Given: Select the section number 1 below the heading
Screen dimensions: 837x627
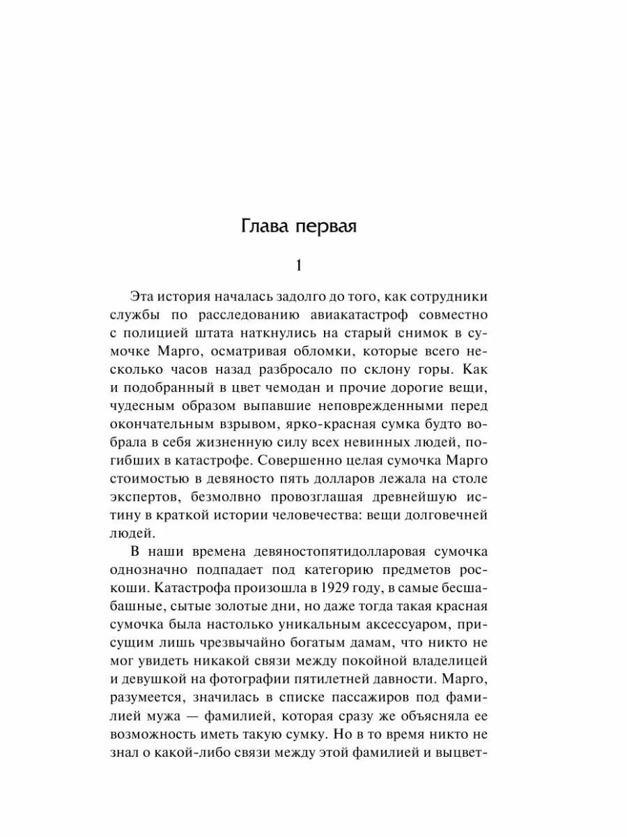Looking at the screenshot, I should point(299,266).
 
